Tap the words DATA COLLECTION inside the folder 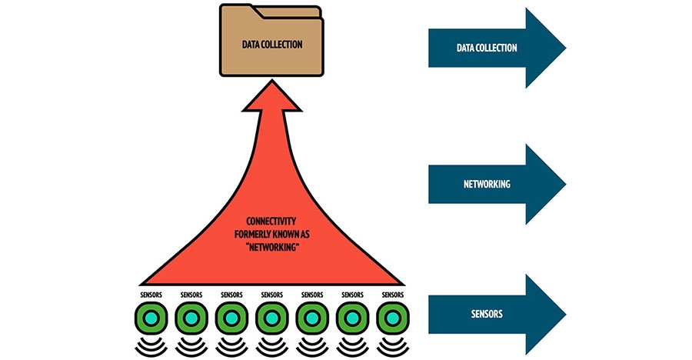pos(271,45)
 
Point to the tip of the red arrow pos(271,83)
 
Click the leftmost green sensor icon pos(151,318)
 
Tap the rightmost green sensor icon pos(392,318)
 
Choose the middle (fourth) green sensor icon pos(271,318)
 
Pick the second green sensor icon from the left pos(191,318)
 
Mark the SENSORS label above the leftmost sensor pos(151,294)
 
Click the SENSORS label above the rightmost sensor pos(392,294)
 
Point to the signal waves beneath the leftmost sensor pos(151,343)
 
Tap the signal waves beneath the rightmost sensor pos(392,343)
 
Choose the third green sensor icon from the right pos(311,318)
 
